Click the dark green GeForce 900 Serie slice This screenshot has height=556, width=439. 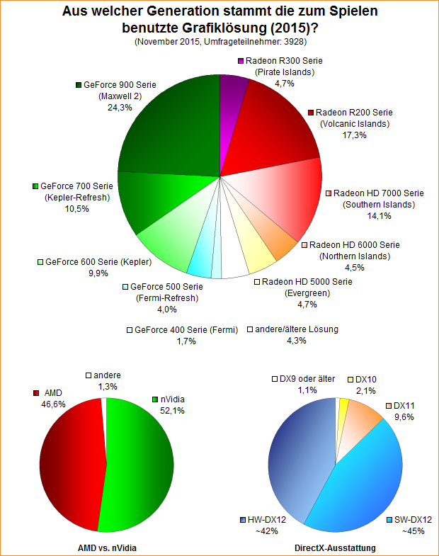click(x=170, y=127)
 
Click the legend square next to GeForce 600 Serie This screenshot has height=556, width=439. click(x=40, y=262)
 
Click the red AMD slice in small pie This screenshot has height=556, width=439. click(x=71, y=464)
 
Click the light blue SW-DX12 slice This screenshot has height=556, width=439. click(x=361, y=482)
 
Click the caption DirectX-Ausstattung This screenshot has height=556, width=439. click(x=334, y=548)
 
